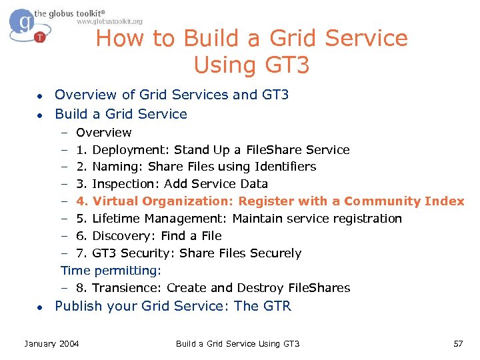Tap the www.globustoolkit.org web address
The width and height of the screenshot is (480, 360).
coord(109,21)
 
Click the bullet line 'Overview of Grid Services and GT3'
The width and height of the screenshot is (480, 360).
coord(171,95)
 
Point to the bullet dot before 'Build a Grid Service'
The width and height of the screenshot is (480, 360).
coord(40,115)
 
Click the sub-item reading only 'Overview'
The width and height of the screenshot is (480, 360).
coord(103,132)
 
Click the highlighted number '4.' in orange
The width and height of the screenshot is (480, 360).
coord(82,201)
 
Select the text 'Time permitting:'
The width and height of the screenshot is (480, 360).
coord(111,271)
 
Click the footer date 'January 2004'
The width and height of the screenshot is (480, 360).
coord(51,343)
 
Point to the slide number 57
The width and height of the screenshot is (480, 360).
coord(457,343)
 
